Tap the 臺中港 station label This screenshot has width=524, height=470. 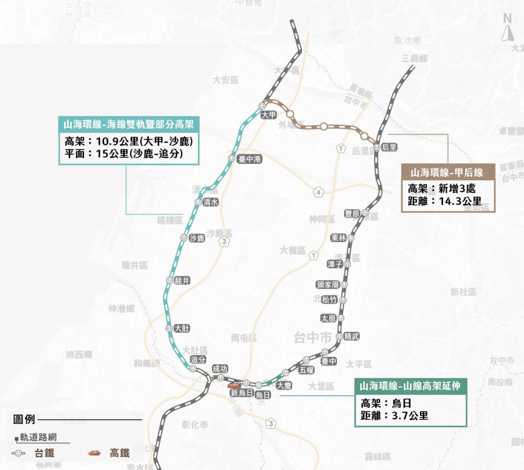[x=250, y=159]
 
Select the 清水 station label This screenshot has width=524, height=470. [x=211, y=202]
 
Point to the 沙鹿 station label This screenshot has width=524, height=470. [x=196, y=238]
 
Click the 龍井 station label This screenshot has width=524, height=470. [x=182, y=281]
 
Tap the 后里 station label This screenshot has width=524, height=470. [x=389, y=147]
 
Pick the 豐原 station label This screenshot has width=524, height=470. [x=352, y=213]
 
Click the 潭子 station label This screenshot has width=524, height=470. [x=335, y=264]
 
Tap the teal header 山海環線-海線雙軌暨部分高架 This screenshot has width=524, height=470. [x=128, y=124]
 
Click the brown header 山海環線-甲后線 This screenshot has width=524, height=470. [x=448, y=172]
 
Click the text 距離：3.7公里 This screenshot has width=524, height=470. [x=395, y=415]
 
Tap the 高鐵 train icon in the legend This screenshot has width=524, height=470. [x=94, y=453]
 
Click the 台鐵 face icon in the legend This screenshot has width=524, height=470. [x=19, y=453]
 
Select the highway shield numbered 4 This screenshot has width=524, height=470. [x=319, y=193]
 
